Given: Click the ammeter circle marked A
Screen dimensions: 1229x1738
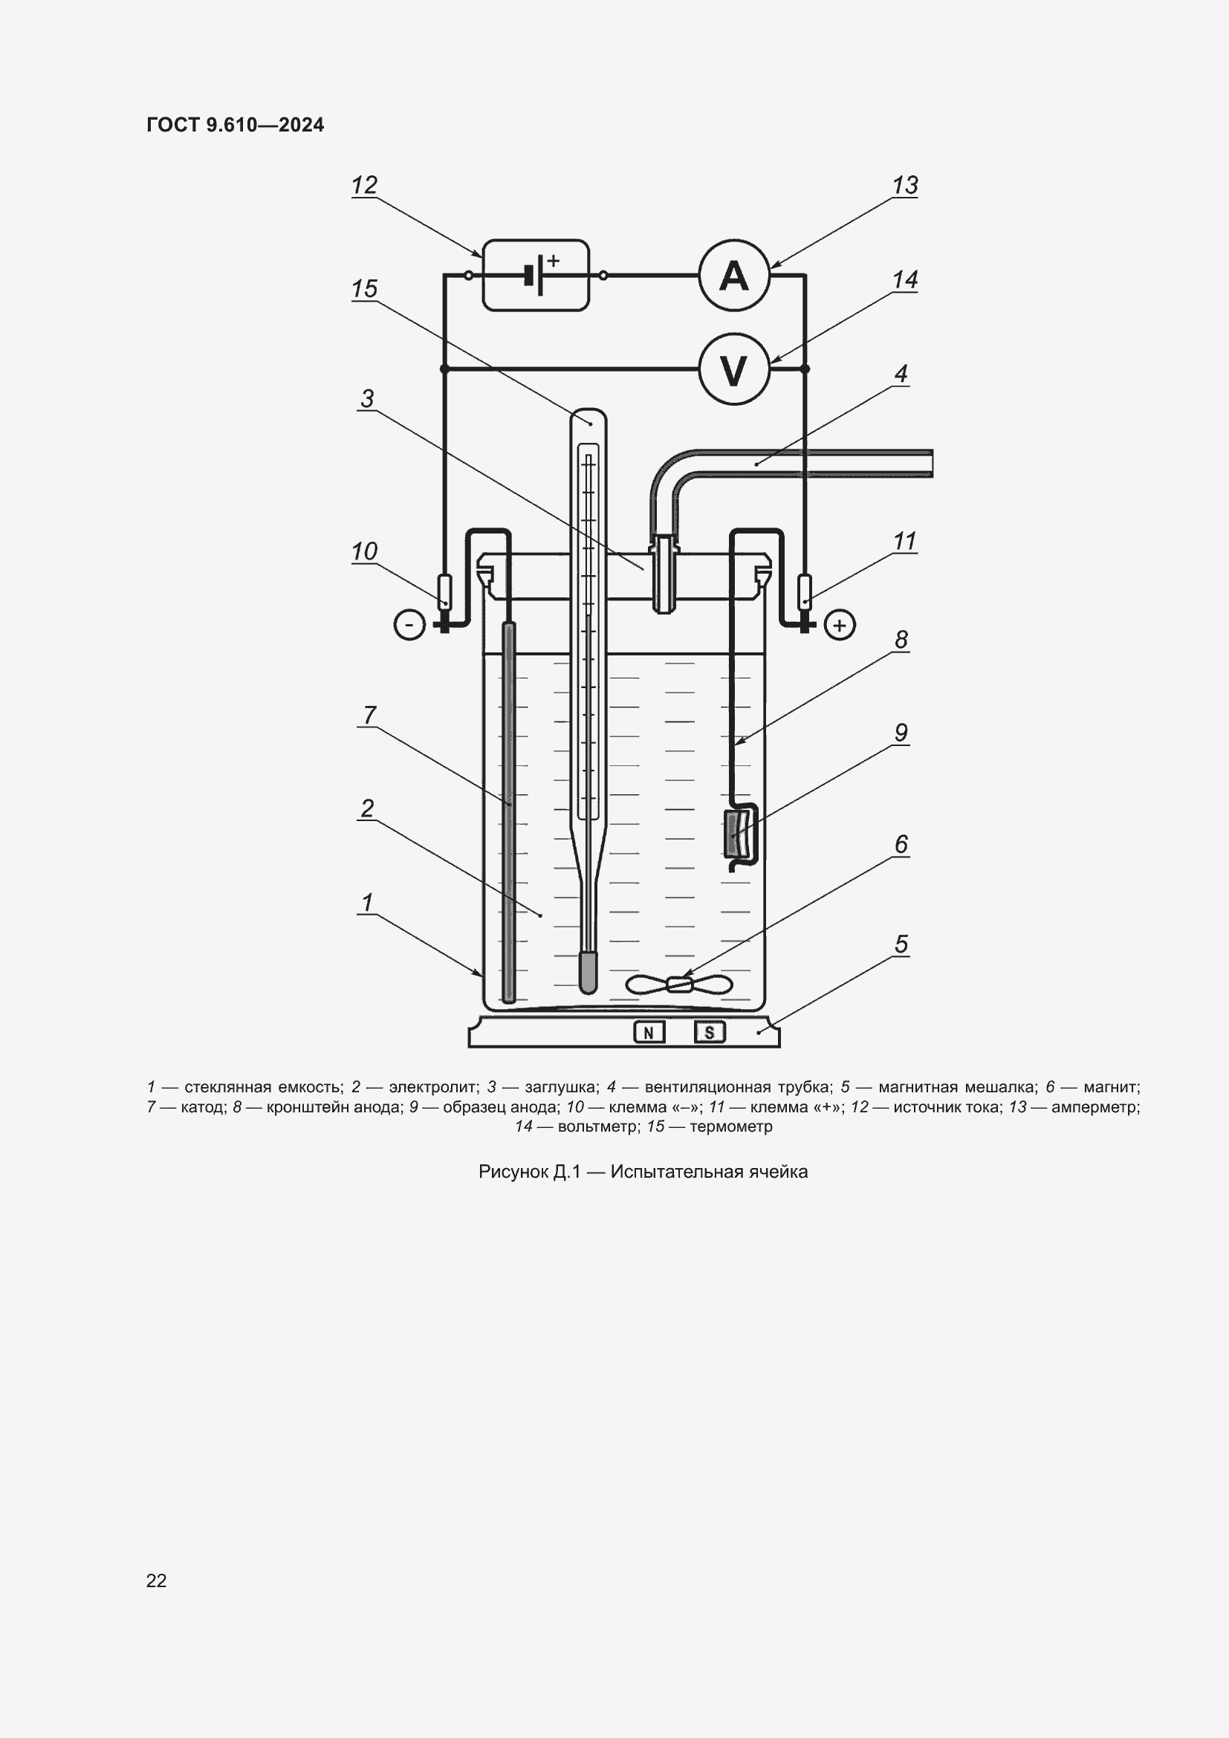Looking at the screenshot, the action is pyautogui.click(x=733, y=276).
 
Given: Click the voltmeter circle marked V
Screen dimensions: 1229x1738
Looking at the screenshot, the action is pyautogui.click(x=733, y=369).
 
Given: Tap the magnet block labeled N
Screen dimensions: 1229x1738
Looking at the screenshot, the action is pyautogui.click(x=649, y=1032).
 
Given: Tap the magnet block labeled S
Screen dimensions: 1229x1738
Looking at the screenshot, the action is pyautogui.click(x=709, y=1032).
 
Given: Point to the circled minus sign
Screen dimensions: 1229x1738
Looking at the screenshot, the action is pyautogui.click(x=409, y=625).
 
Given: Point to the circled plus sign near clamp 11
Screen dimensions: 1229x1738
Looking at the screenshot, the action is pyautogui.click(x=839, y=625).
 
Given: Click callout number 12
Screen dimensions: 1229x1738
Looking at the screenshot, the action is pyautogui.click(x=364, y=186).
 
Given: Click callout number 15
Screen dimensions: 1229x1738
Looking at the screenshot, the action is pyautogui.click(x=364, y=289).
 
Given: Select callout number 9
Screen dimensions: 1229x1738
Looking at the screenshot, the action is pyautogui.click(x=901, y=733).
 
